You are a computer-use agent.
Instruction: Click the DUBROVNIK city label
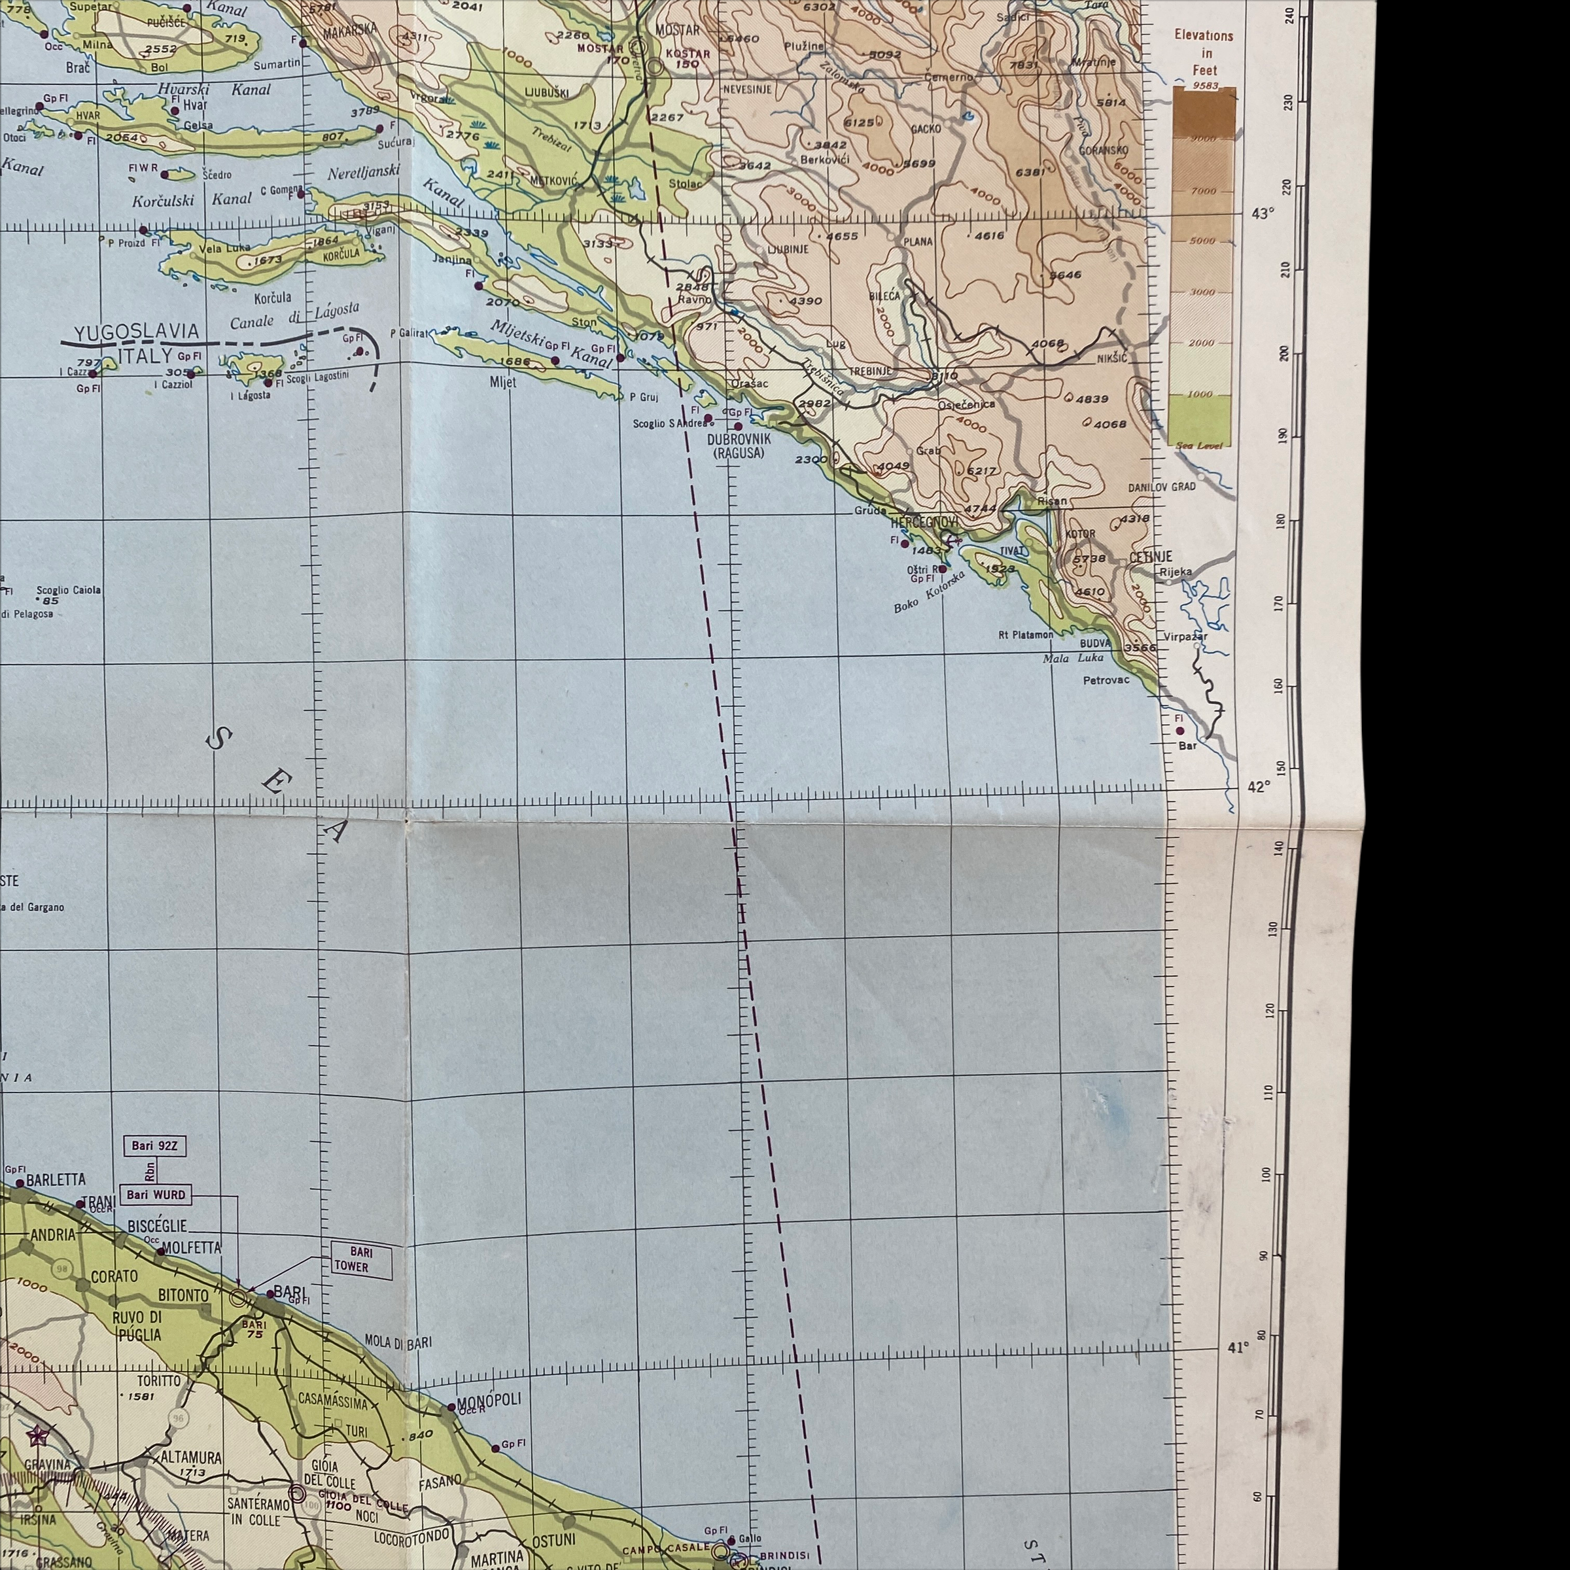point(738,440)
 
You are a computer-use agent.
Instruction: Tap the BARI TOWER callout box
point(361,1259)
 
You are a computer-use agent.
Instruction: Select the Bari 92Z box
point(154,1147)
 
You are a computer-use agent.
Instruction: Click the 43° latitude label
point(1262,214)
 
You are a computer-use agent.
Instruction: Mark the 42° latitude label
point(1258,786)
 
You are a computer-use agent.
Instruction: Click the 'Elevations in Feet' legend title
point(1204,53)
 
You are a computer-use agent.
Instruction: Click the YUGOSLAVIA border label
point(137,332)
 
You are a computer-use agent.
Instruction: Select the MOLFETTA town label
point(192,1247)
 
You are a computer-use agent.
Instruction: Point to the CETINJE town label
point(1151,557)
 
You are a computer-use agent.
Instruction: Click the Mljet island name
point(503,382)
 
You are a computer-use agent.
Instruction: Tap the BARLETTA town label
point(56,1180)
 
